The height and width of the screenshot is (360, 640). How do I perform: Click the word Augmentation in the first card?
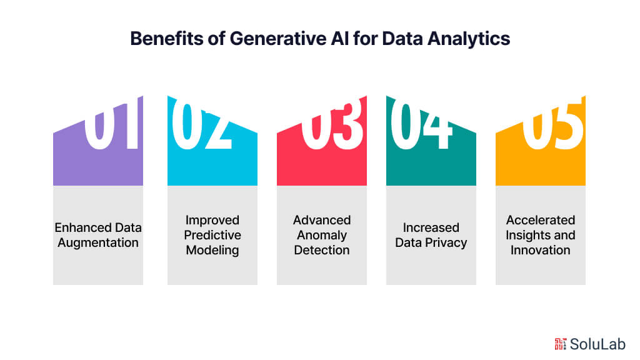pos(98,242)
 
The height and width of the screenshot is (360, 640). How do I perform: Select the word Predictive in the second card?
pos(212,235)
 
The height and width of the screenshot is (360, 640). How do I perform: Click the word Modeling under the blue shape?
pos(212,250)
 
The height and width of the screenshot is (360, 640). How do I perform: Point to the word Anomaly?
pos(322,235)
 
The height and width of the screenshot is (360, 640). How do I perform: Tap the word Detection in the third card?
pos(322,250)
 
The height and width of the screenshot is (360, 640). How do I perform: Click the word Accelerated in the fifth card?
pos(541,220)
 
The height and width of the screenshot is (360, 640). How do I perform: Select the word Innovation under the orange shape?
pos(541,250)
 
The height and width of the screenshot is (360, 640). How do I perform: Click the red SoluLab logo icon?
pos(559,343)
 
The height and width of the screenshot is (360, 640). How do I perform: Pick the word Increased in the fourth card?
pos(431,227)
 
